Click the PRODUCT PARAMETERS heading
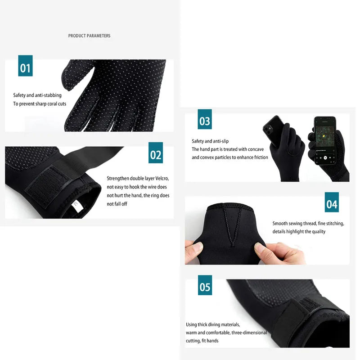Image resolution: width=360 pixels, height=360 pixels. tap(89, 36)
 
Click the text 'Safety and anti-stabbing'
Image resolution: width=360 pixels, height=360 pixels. tap(37, 95)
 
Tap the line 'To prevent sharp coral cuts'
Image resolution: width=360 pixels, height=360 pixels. tap(40, 104)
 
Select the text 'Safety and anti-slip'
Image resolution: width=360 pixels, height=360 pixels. tap(210, 141)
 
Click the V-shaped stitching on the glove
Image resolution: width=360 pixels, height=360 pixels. tap(231, 229)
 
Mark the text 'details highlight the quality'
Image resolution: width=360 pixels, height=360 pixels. tap(299, 232)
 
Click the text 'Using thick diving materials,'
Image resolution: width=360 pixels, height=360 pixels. tap(213, 324)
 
